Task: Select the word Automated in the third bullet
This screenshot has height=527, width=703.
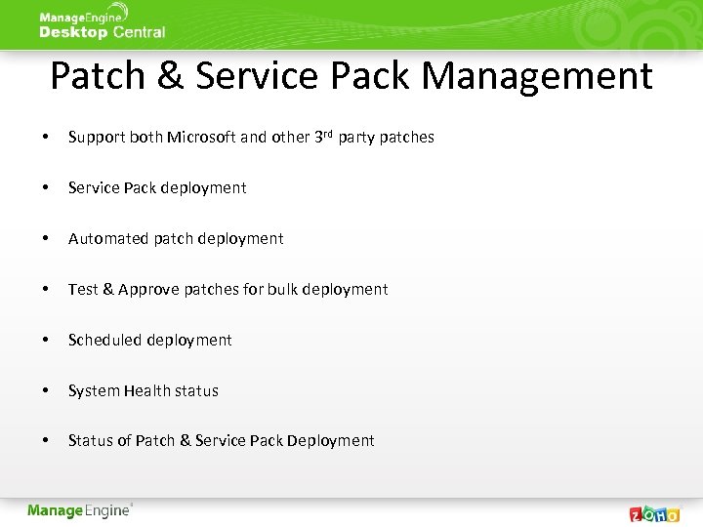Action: [105, 239]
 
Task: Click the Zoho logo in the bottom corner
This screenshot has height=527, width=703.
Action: [653, 512]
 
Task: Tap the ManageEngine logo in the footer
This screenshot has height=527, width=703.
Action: [79, 510]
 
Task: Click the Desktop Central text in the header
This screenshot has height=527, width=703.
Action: [102, 32]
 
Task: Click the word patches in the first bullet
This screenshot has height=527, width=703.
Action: [406, 138]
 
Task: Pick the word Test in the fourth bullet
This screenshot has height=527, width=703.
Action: [83, 290]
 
